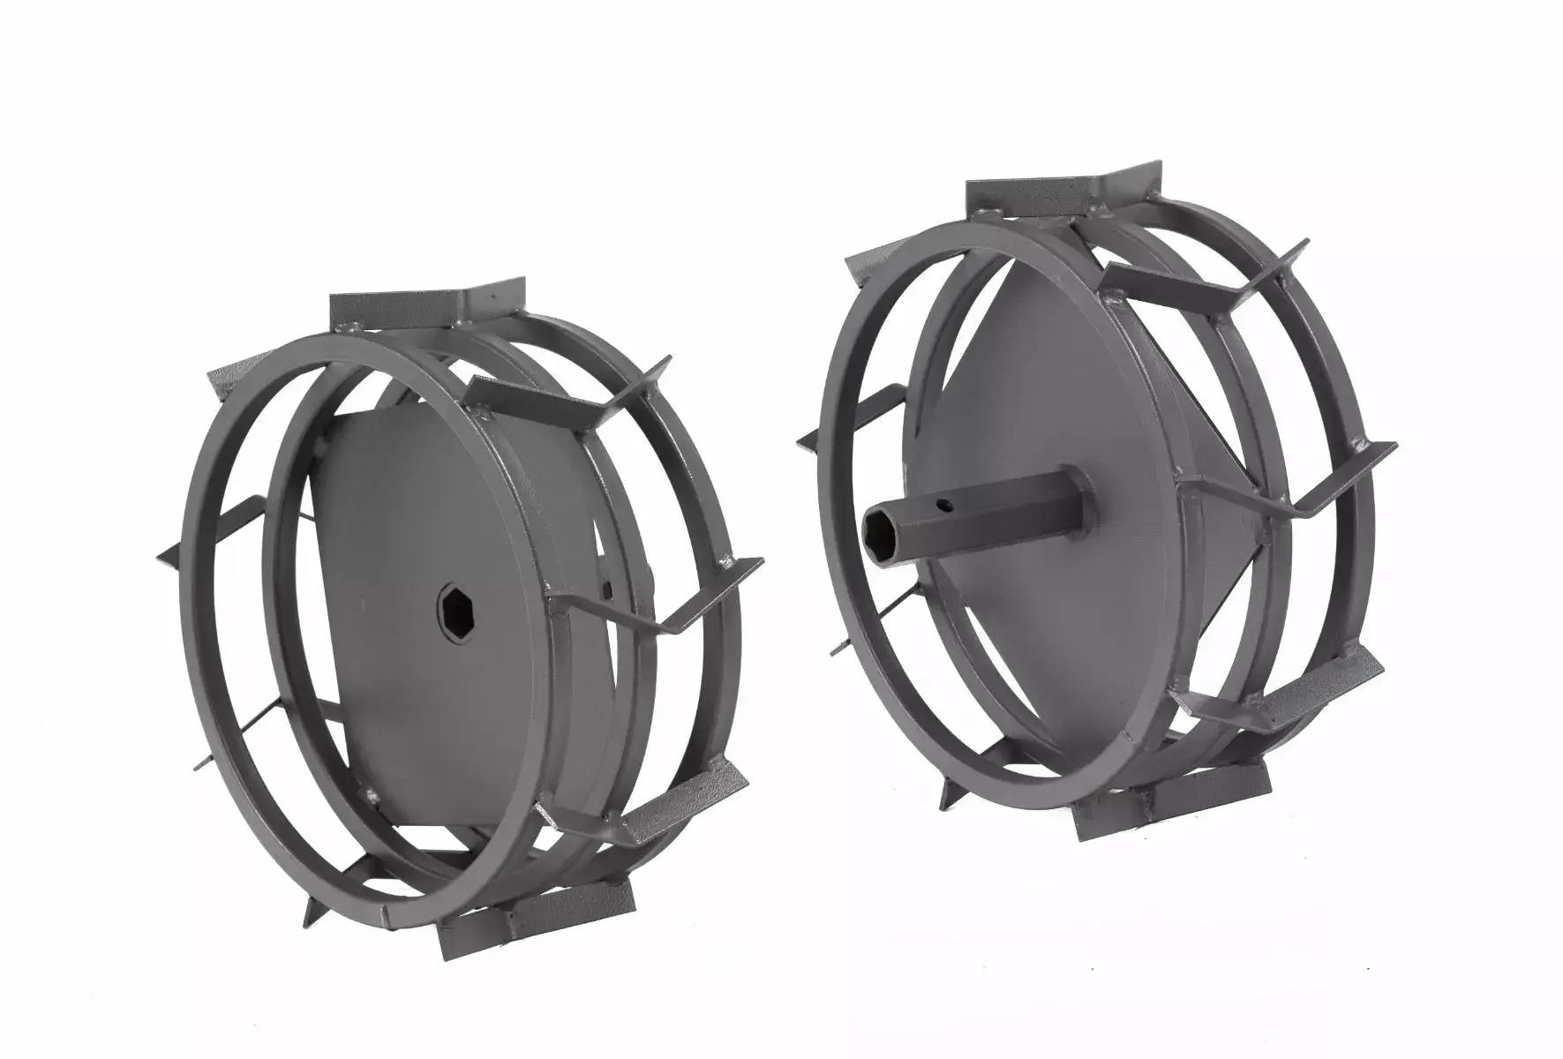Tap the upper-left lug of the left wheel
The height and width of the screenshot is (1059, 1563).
click(x=234, y=371)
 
